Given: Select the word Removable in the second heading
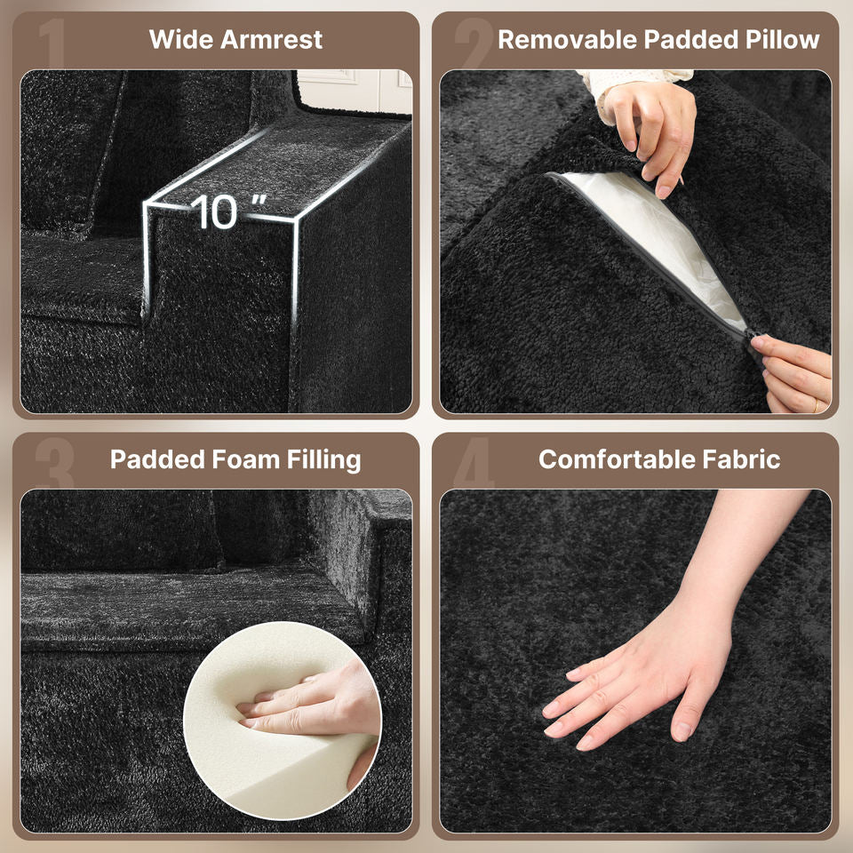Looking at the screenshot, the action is (568, 40).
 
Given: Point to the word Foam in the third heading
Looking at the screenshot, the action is (245, 459).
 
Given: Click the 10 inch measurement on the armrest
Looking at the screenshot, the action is (227, 211).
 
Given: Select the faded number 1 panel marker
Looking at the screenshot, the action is (52, 43).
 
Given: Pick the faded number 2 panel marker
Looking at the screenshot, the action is (473, 43).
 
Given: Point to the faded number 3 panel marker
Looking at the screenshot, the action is (54, 462).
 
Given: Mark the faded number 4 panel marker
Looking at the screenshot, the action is (474, 462).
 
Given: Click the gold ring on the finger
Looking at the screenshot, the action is (816, 405).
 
